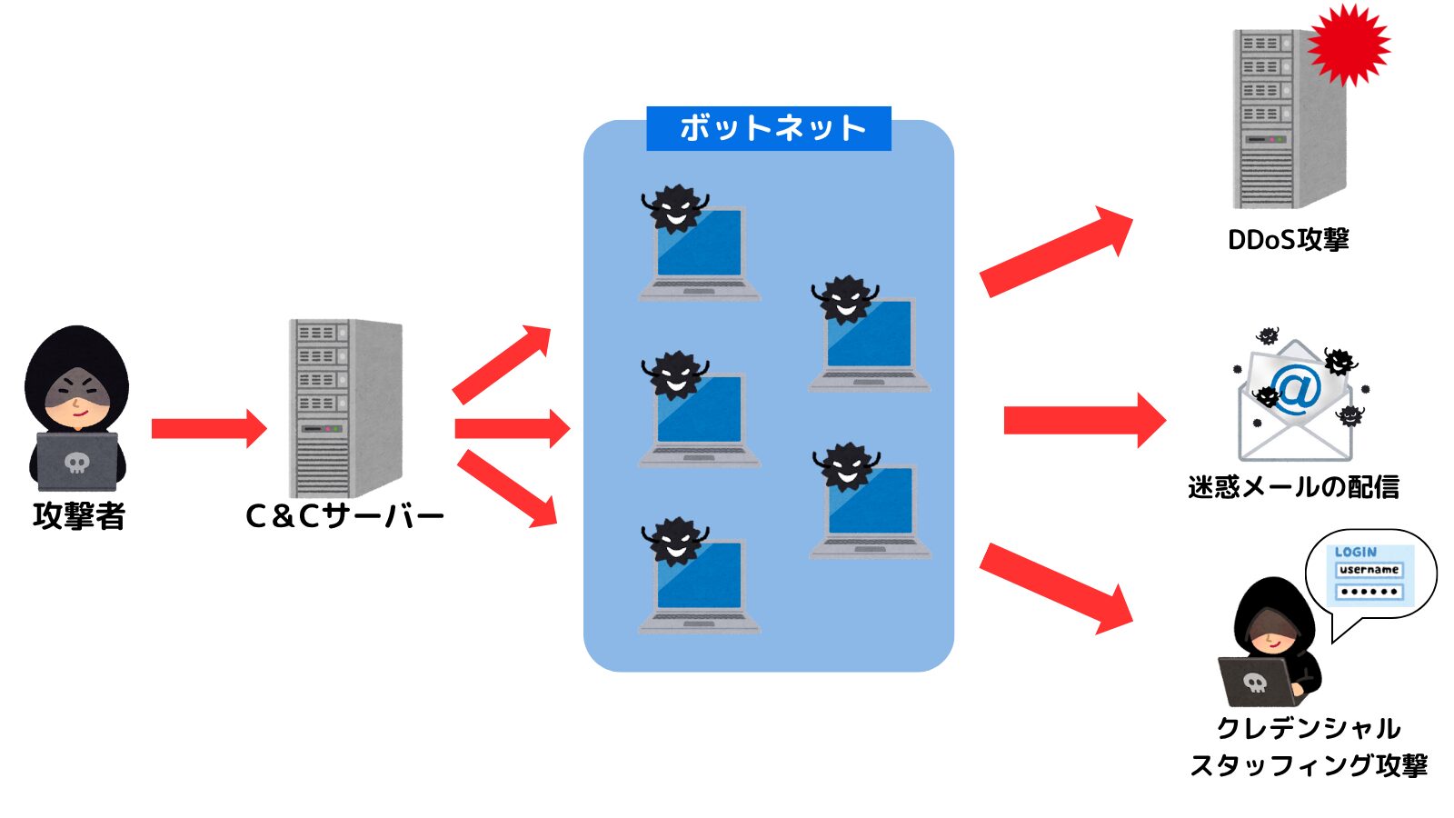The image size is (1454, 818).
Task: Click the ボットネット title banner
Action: coord(769,128)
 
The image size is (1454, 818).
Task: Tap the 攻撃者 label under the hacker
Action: coord(79,515)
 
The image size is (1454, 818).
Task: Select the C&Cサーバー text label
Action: coord(344,516)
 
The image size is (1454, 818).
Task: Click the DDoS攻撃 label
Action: coord(1288,240)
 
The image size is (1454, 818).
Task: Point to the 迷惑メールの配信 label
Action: coord(1293,487)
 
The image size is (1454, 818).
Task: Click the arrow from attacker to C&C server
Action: coord(208,428)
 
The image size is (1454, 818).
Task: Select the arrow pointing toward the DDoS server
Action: coord(1056,251)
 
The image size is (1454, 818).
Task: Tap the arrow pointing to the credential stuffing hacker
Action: coord(1056,587)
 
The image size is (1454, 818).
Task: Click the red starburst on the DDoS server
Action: coord(1349,45)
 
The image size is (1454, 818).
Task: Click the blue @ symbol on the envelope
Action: coord(1296,391)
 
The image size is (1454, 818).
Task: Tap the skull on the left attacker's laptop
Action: coord(77,464)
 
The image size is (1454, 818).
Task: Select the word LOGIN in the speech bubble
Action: coord(1355,552)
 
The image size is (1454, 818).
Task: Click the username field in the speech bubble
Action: coord(1369,570)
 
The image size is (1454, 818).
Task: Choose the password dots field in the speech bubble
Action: coord(1369,592)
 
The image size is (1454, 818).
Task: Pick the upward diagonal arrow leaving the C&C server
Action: coord(503,364)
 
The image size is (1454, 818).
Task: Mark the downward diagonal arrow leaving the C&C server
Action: coord(506,488)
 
